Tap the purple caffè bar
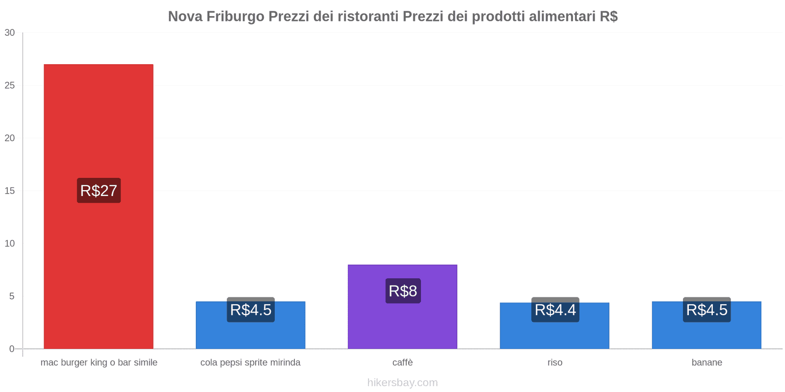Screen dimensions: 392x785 402,323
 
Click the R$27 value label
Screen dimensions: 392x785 99,191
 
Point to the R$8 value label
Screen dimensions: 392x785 403,291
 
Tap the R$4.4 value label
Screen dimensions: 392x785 555,310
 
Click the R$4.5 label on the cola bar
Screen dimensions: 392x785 251,310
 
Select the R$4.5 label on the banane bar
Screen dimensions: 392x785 706,310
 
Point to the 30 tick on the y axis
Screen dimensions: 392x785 10,33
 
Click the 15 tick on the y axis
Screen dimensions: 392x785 10,191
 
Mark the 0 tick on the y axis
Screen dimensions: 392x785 12,349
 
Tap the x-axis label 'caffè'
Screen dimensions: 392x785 402,363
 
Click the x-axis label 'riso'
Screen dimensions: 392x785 555,363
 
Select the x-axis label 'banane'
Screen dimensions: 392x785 706,363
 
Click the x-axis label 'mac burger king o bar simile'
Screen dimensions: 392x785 99,363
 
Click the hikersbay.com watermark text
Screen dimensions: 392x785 402,383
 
